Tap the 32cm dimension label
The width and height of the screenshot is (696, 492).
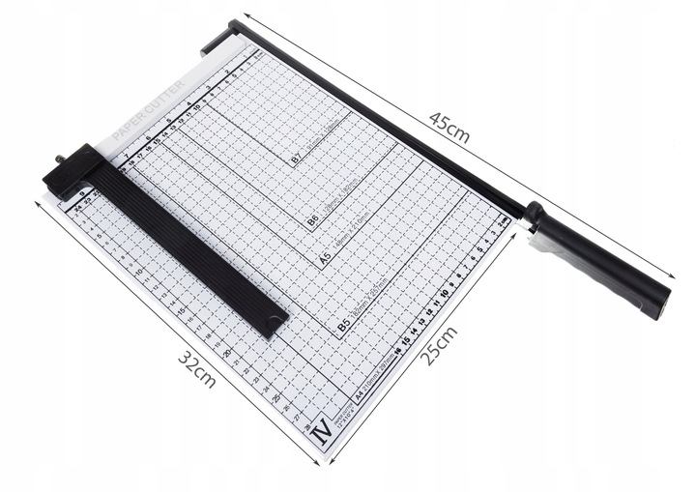click(196, 367)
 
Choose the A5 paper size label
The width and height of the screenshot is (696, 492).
click(325, 260)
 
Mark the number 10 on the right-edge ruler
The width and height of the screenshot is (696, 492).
click(444, 291)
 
